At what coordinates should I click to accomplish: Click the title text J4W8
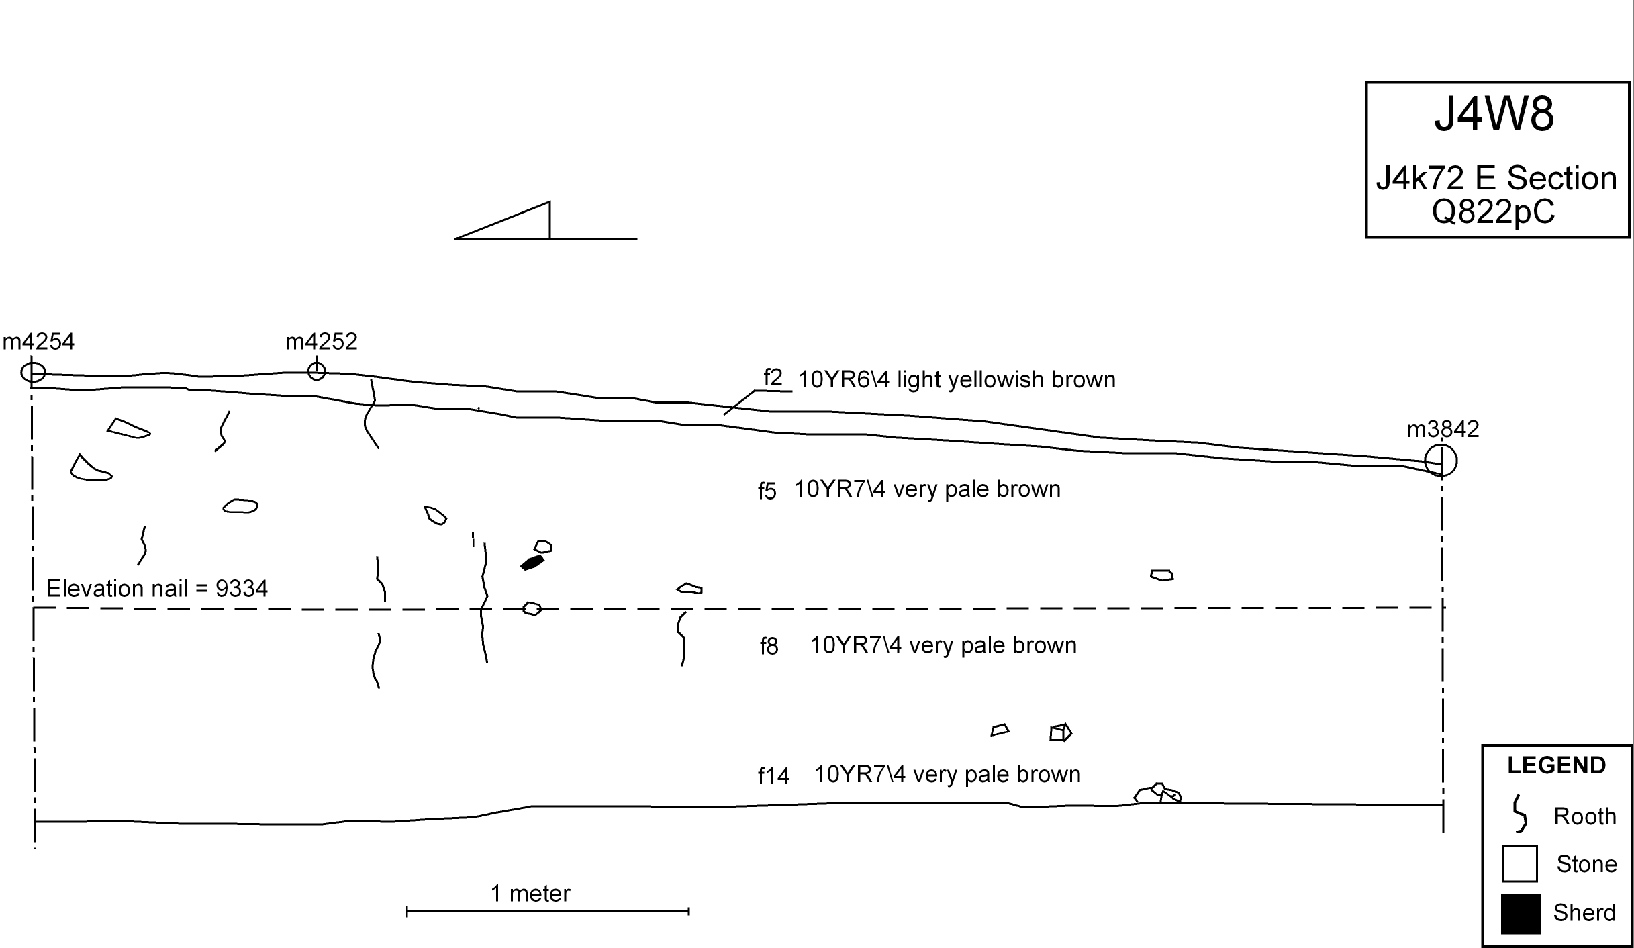1494,115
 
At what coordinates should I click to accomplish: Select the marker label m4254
39,342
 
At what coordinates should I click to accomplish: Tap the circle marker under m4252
316,371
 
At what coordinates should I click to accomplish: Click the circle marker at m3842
1441,461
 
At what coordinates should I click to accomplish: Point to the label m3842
1443,430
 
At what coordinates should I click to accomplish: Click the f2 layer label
773,379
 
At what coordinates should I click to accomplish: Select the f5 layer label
767,491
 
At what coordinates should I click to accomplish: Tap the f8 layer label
769,647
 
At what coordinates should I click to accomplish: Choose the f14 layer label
773,776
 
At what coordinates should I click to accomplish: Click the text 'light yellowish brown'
1006,380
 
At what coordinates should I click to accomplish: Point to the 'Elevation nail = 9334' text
157,589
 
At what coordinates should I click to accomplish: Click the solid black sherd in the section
532,563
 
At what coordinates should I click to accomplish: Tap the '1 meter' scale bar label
530,894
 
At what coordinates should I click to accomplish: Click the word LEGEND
1556,765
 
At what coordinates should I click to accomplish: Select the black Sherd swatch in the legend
1521,914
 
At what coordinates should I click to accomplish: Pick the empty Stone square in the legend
1520,864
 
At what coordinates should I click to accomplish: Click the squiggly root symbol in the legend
1519,814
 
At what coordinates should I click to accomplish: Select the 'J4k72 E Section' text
1496,179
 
